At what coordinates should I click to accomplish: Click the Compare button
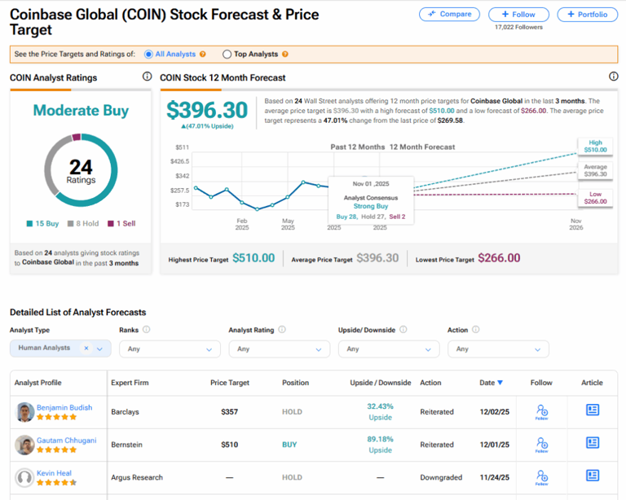(x=449, y=14)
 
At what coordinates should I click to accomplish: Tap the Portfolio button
(x=587, y=14)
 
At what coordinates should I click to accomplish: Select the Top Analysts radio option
(x=227, y=55)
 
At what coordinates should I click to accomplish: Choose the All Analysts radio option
(x=148, y=55)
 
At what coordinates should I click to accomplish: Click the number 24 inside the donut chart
(x=81, y=168)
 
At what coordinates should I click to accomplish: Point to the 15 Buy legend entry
(x=44, y=223)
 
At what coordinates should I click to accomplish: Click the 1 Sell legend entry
(x=123, y=223)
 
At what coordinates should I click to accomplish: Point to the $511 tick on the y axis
(x=182, y=147)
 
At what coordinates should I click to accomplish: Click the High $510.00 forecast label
(x=596, y=146)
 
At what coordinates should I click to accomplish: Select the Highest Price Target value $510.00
(x=253, y=258)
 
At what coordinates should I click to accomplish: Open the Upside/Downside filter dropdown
(x=388, y=349)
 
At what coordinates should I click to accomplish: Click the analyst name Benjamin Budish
(x=64, y=407)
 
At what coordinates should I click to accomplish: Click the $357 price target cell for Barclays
(x=229, y=412)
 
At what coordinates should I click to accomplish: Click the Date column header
(x=491, y=383)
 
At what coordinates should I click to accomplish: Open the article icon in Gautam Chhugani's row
(x=593, y=443)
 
